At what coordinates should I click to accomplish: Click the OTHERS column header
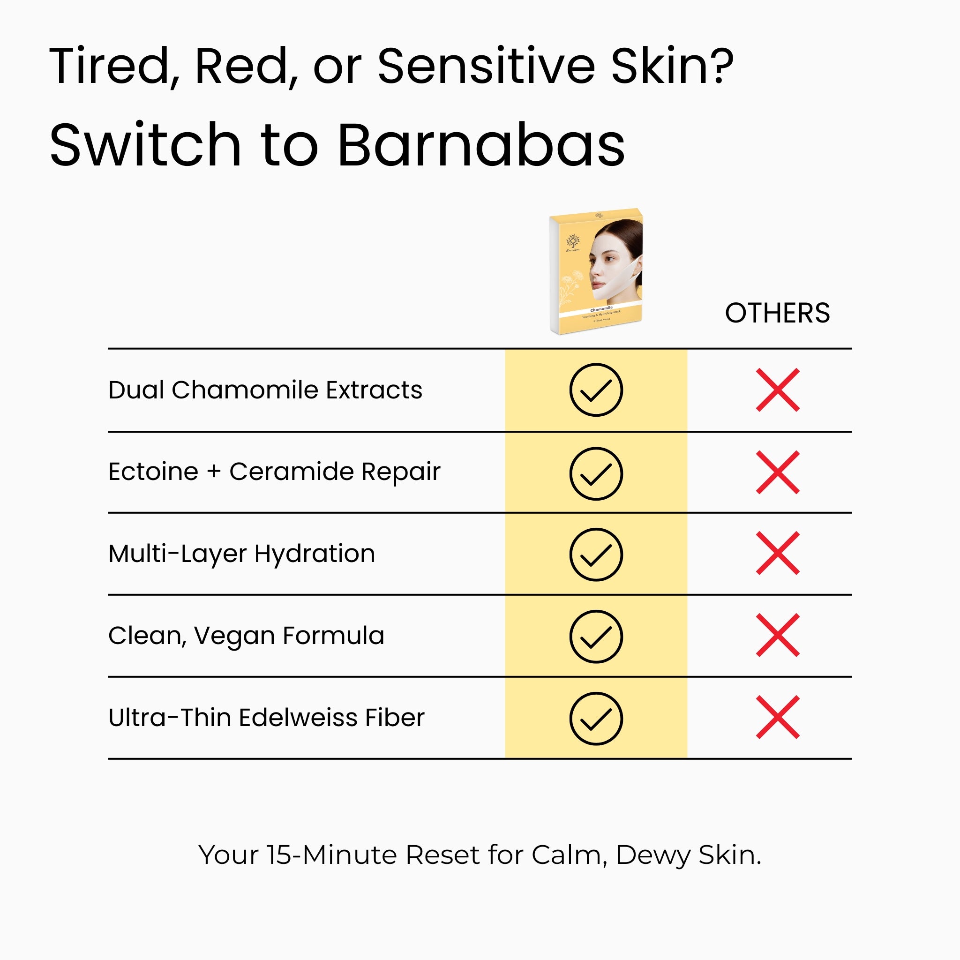pyautogui.click(x=777, y=313)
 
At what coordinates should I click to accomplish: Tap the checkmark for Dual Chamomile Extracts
pyautogui.click(x=596, y=390)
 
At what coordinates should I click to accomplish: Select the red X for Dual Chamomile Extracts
pyautogui.click(x=778, y=390)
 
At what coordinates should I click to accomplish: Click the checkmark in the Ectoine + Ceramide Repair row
pyautogui.click(x=596, y=473)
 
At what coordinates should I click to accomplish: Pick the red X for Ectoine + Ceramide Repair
pyautogui.click(x=778, y=472)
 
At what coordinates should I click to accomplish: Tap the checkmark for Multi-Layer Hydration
pyautogui.click(x=596, y=554)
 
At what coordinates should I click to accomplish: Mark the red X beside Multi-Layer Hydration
pyautogui.click(x=778, y=553)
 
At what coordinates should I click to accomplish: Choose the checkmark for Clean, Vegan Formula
pyautogui.click(x=596, y=636)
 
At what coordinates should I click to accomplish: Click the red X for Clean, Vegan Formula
pyautogui.click(x=778, y=635)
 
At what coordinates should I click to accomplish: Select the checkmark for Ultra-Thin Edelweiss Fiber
pyautogui.click(x=596, y=718)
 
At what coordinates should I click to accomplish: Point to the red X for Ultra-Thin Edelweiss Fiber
pyautogui.click(x=778, y=717)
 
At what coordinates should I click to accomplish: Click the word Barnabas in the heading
pyautogui.click(x=480, y=145)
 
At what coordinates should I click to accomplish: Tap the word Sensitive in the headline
pyautogui.click(x=486, y=66)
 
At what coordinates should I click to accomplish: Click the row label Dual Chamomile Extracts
pyautogui.click(x=265, y=390)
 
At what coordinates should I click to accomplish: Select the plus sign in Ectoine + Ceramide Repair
pyautogui.click(x=214, y=472)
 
